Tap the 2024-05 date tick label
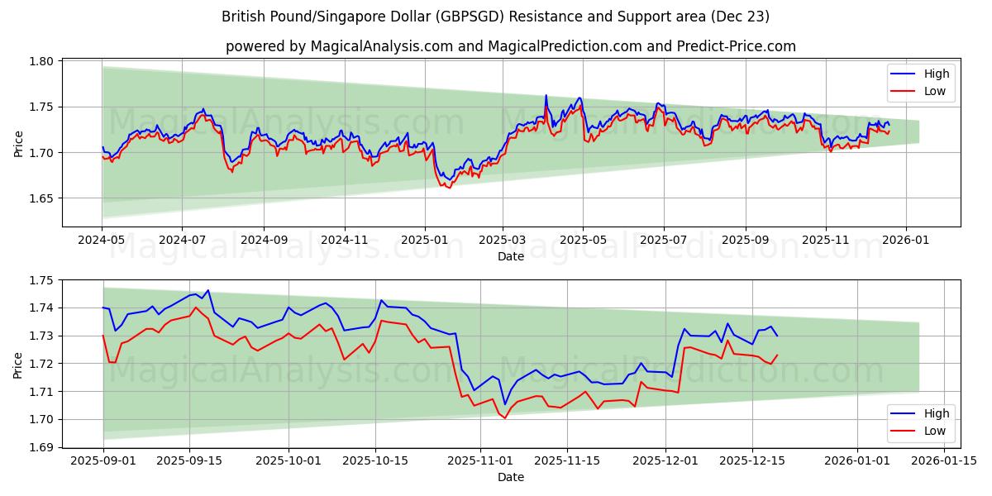coord(102,240)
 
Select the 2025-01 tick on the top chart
coord(424,240)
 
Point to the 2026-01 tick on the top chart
coord(906,240)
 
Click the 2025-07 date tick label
coord(663,240)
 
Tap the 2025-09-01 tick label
coord(103,460)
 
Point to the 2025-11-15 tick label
coord(567,460)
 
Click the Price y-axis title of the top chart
coord(18,142)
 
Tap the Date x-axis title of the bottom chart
coord(511,477)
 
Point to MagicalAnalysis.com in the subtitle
coord(382,46)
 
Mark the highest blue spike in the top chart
coord(546,95)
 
